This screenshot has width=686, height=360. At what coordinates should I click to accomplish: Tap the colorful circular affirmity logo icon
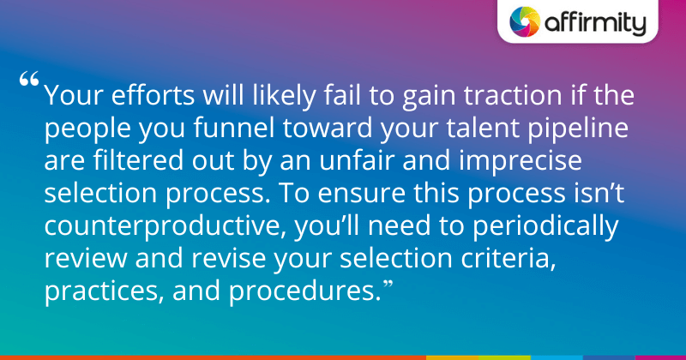tap(525, 22)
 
